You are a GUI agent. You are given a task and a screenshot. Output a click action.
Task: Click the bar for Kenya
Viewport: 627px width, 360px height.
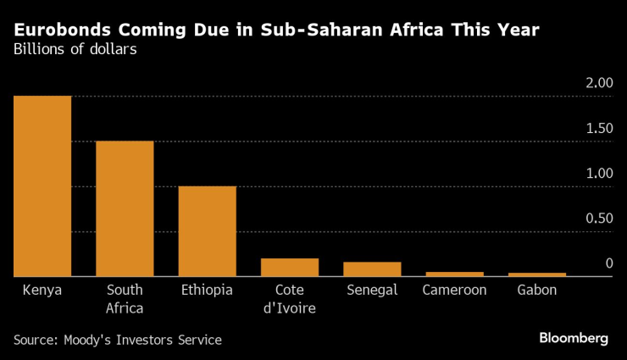pos(42,186)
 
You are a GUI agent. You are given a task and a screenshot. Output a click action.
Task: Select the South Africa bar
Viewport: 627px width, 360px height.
pos(125,208)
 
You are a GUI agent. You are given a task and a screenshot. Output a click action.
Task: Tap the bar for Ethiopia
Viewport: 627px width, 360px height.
pos(208,231)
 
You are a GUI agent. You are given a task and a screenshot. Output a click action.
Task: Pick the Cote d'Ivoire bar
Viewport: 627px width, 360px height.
pos(290,268)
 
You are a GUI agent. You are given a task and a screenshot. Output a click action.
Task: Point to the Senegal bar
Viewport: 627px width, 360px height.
pos(372,269)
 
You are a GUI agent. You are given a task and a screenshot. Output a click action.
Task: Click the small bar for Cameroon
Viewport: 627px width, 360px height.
pos(455,274)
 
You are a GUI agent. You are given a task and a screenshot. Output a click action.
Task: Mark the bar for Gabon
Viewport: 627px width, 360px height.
pos(537,274)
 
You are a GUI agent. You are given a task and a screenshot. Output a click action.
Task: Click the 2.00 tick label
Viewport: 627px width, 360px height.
pos(598,83)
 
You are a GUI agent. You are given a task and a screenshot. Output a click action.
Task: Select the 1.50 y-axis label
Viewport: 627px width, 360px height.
pos(598,128)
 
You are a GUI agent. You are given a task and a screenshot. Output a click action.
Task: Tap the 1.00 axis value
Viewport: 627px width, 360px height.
pos(598,173)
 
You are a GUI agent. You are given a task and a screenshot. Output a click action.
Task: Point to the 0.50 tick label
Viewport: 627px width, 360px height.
pos(598,219)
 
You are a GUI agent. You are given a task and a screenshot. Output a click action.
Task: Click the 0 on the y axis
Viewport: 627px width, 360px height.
pos(608,263)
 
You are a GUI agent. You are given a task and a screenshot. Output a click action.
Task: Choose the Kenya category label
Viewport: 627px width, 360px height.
pos(42,290)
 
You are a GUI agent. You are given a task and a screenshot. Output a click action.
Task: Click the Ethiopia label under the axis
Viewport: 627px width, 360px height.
pos(208,290)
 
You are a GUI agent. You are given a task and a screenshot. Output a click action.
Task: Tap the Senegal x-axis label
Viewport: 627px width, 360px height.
pos(372,290)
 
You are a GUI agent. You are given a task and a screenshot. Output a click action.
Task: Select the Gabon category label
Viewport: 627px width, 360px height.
pos(537,290)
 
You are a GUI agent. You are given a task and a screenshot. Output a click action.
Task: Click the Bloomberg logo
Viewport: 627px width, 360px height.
pos(574,338)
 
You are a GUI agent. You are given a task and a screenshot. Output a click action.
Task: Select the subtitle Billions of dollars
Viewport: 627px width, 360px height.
pos(75,49)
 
